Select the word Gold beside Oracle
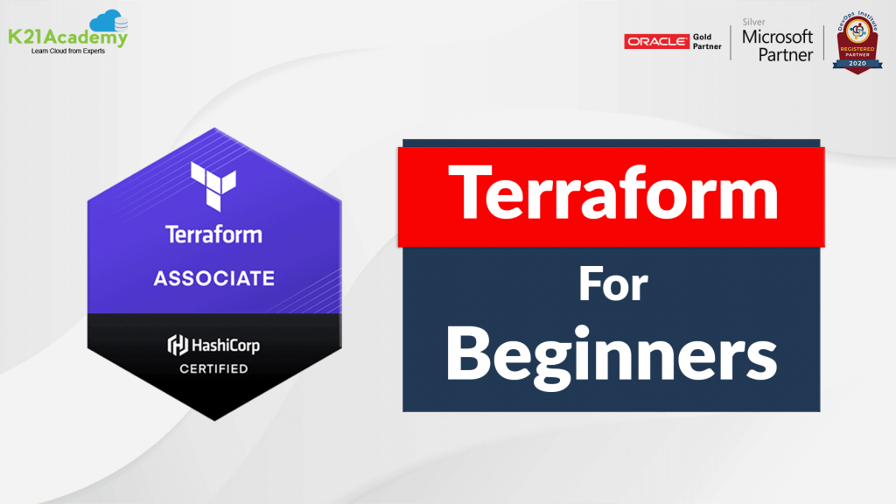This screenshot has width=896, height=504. coord(704,35)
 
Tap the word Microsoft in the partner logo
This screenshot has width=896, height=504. coord(777,37)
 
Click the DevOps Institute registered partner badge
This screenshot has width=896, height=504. coord(855,43)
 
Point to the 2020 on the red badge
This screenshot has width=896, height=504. coord(855,65)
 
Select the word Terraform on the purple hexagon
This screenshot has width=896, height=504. coord(214,234)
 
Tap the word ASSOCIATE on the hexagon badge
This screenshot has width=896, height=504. coord(214,279)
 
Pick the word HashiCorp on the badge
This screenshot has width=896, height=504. coord(225,345)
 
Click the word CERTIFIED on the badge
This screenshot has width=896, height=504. coord(214,368)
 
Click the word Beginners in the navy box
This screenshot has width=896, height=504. coord(612,356)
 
